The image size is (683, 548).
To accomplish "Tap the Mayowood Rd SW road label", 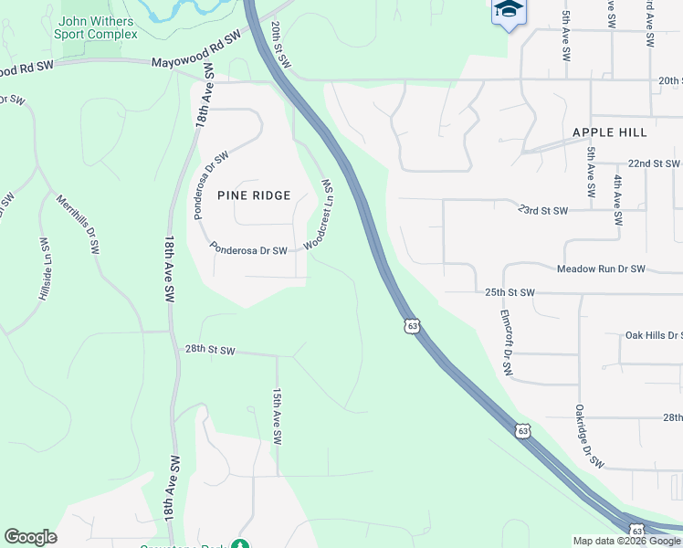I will coord(195,50).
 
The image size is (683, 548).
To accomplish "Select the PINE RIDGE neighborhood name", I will coord(254,195).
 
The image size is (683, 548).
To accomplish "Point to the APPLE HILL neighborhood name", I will coord(610,132).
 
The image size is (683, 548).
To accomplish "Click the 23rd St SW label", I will coord(543,210).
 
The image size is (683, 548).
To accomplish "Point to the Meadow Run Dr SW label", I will coord(602,269).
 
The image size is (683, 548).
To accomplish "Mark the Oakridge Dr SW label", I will coord(590,437).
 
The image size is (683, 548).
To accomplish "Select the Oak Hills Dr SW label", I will coord(652,335).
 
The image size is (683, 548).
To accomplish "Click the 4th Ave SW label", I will coord(618,201).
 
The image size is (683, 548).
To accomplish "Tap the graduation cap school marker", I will coord(509,10).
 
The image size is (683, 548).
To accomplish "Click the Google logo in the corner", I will coord(31,537).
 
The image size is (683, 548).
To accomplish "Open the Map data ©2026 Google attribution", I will coord(626,541).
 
